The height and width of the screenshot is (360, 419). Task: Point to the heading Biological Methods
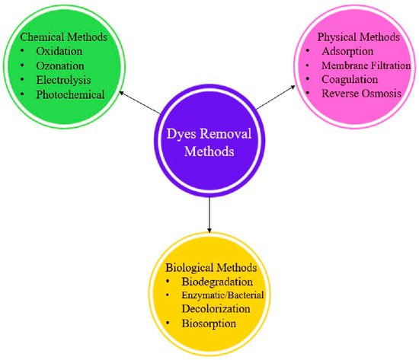209,269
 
